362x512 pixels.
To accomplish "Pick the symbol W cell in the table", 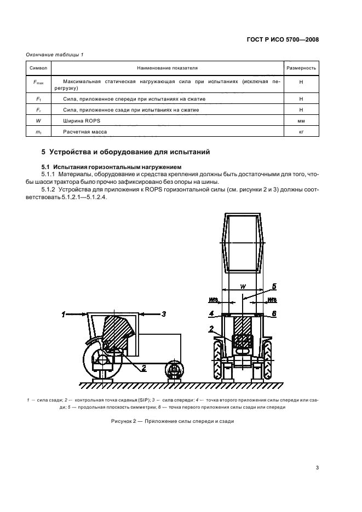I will (38, 121).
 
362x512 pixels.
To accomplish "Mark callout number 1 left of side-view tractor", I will (64, 314).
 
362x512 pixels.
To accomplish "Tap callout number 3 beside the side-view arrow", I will (163, 313).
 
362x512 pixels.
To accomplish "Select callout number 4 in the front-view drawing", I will (211, 313).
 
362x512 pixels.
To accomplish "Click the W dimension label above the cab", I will (243, 286).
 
